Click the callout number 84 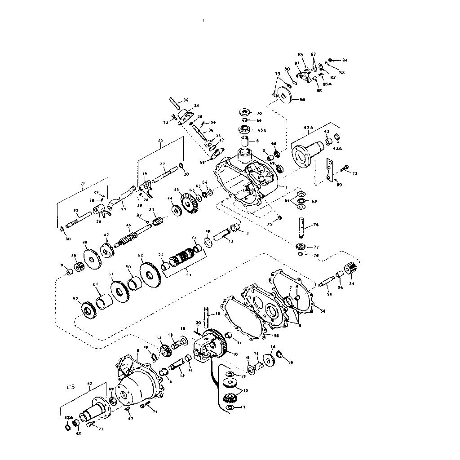(345, 60)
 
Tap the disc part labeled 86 (283, 95)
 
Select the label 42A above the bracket (308, 128)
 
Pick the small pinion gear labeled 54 (350, 271)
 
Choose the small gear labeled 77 (301, 246)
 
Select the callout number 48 (85, 243)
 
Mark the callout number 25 (160, 140)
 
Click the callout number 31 (82, 183)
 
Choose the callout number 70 (259, 113)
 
